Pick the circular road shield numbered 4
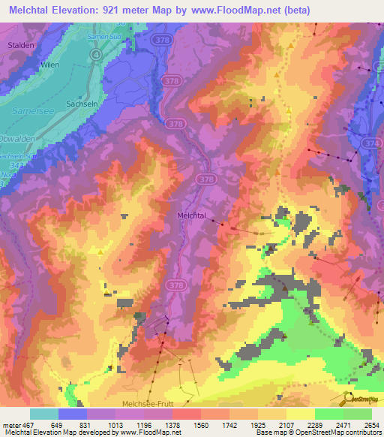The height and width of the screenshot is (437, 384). [x=96, y=55]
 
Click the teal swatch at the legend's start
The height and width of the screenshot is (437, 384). [x=44, y=414]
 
